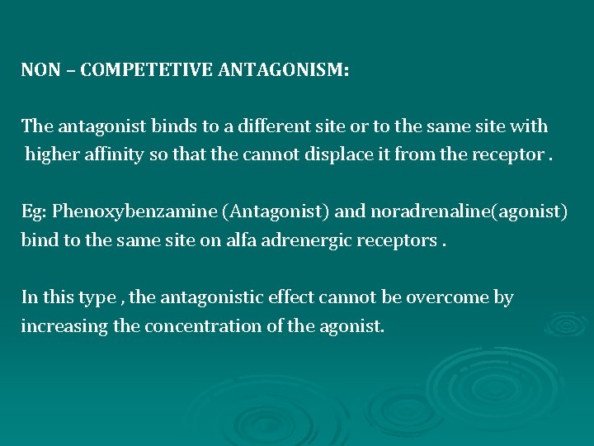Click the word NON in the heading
tap(41, 70)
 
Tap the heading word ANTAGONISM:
tap(284, 70)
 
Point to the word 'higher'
tap(51, 154)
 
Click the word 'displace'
tap(329, 154)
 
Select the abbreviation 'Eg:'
tap(35, 211)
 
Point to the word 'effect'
tap(298, 297)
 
